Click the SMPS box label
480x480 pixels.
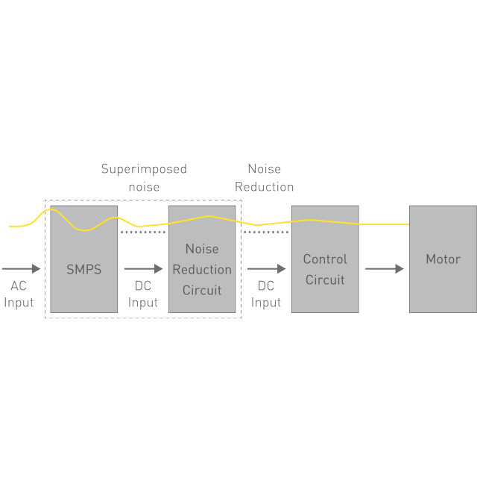click(83, 269)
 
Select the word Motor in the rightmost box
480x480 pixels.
click(443, 259)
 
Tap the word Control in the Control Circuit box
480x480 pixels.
click(325, 259)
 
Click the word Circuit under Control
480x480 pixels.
click(325, 280)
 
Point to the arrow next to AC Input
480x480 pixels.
click(22, 268)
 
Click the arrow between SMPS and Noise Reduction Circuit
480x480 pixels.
click(143, 268)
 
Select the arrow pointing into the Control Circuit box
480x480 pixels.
click(266, 268)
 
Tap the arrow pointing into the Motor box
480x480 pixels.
click(385, 268)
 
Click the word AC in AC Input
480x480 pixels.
click(19, 286)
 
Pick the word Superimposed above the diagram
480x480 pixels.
click(144, 169)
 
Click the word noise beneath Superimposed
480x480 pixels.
click(144, 186)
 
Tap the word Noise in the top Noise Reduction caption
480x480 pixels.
click(264, 169)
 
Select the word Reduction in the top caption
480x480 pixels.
click(264, 186)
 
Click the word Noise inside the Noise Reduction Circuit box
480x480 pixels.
click(201, 249)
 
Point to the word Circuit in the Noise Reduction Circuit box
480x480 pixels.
click(201, 290)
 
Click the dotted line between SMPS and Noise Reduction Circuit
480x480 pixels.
click(143, 232)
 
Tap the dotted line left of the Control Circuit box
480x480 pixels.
click(266, 232)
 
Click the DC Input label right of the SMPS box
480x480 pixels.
click(143, 294)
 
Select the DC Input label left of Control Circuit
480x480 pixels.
click(266, 294)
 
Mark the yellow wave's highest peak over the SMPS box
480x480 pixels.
click(49, 210)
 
